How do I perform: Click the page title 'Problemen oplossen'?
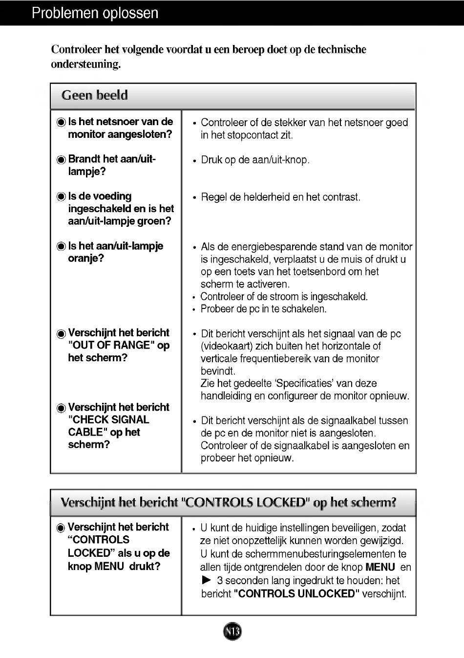tap(95, 13)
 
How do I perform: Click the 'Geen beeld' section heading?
tap(94, 95)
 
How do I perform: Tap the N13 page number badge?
tap(232, 632)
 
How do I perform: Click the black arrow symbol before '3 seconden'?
tap(207, 580)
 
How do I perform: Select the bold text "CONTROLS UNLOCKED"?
tap(296, 593)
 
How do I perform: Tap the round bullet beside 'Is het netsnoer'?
tap(61, 122)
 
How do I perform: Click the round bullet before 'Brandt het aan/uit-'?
tap(61, 160)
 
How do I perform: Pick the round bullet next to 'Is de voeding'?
tap(61, 197)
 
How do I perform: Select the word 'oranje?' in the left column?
tap(86, 258)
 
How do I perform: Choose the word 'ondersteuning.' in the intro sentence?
tap(85, 64)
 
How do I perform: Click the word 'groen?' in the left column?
tap(155, 221)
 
